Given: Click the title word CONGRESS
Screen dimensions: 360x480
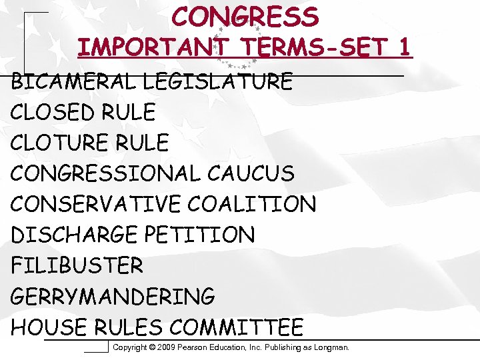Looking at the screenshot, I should [245, 17].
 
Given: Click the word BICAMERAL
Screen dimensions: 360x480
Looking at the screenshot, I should [74, 82].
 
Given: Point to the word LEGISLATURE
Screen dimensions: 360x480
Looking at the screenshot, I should [217, 82].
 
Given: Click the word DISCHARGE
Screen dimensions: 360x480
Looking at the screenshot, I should [69, 235].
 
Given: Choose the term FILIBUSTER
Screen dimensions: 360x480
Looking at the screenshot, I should [77, 266].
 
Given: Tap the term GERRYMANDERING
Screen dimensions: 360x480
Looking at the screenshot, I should [113, 297].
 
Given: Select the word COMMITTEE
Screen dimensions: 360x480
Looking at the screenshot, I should [236, 327].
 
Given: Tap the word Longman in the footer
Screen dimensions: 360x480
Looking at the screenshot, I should [330, 347].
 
